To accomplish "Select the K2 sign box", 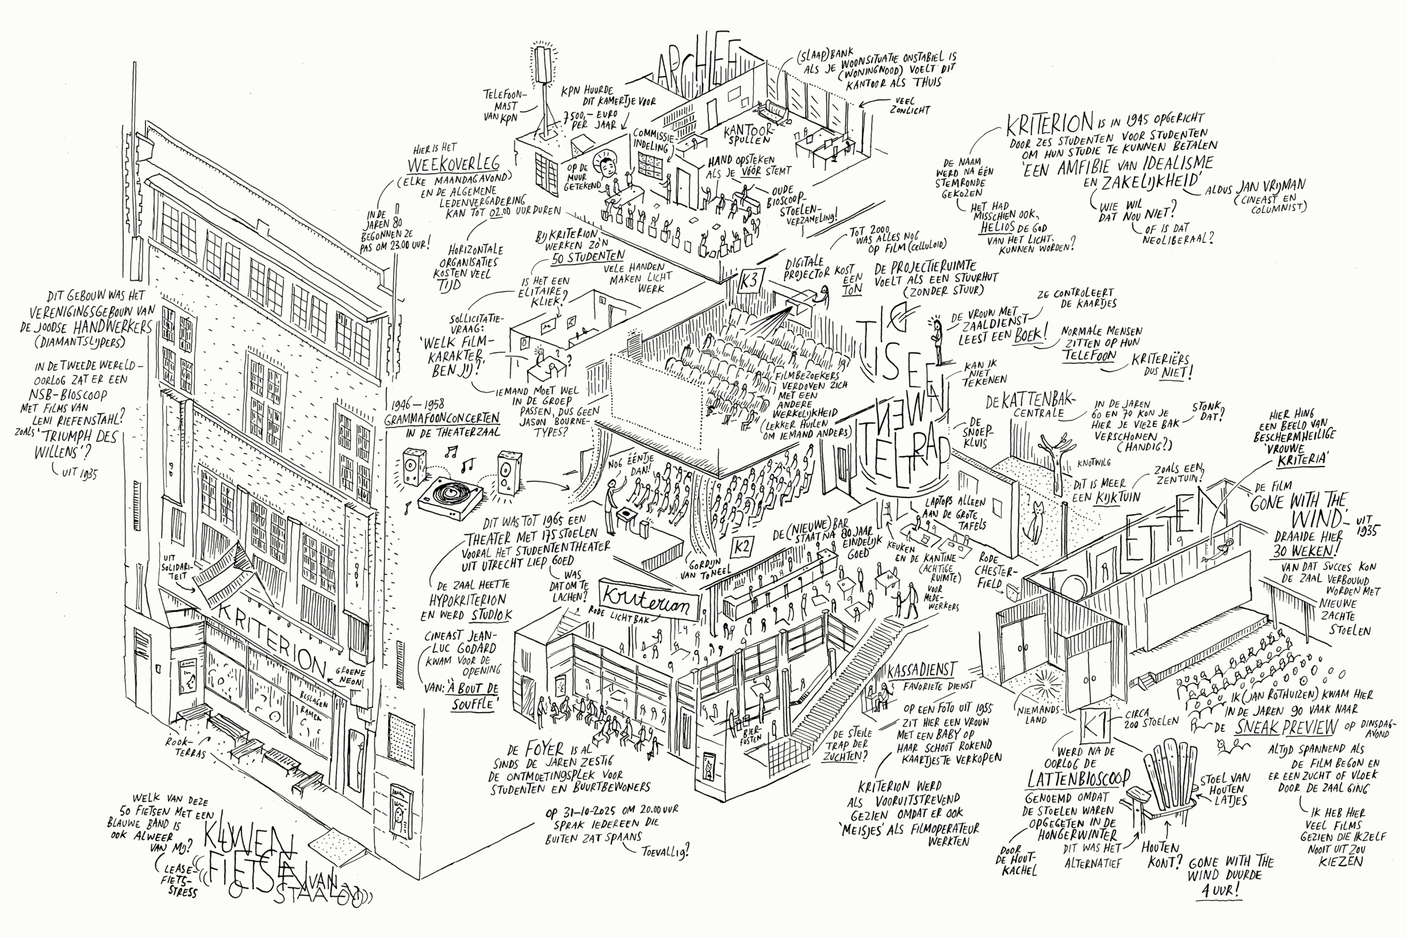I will pos(742,546).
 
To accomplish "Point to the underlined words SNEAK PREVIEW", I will pos(1286,728).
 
